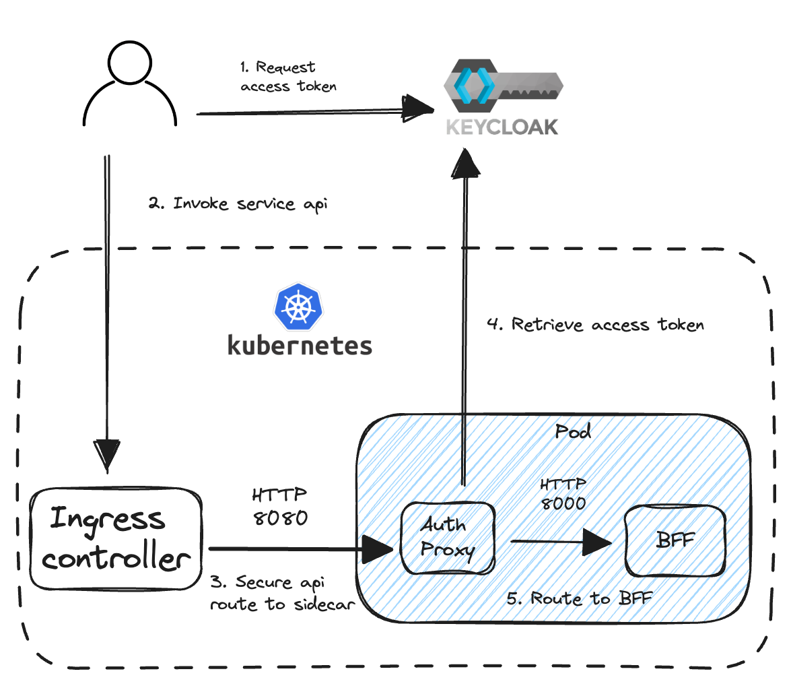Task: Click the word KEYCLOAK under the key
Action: pyautogui.click(x=502, y=127)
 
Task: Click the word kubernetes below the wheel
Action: pyautogui.click(x=300, y=345)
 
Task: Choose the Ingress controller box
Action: pyautogui.click(x=116, y=539)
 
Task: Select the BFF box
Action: pyautogui.click(x=675, y=540)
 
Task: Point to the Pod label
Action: pyautogui.click(x=573, y=431)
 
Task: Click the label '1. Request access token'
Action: pyautogui.click(x=287, y=77)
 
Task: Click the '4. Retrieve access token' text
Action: pyautogui.click(x=594, y=325)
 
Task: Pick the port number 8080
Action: pyautogui.click(x=279, y=518)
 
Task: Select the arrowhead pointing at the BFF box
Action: pyautogui.click(x=598, y=541)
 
